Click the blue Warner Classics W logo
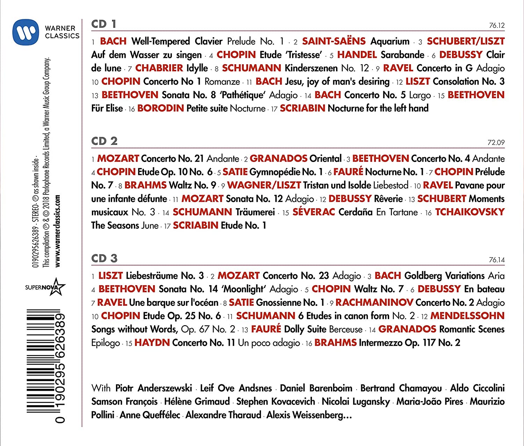click(x=26, y=32)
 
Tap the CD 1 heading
click(x=103, y=24)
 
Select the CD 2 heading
click(x=104, y=141)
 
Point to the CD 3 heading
click(x=104, y=258)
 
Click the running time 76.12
click(x=497, y=25)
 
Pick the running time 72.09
click(x=496, y=142)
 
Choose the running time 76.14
click(x=497, y=260)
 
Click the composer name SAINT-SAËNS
click(x=334, y=41)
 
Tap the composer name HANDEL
click(x=357, y=55)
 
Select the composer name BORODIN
click(x=160, y=108)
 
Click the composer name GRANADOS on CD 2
click(x=278, y=159)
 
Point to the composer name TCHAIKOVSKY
click(x=470, y=212)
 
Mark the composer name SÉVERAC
click(x=313, y=212)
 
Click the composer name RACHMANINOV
click(x=374, y=302)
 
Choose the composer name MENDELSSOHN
click(x=467, y=316)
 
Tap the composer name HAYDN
click(x=152, y=343)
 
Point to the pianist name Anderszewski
click(x=165, y=388)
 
